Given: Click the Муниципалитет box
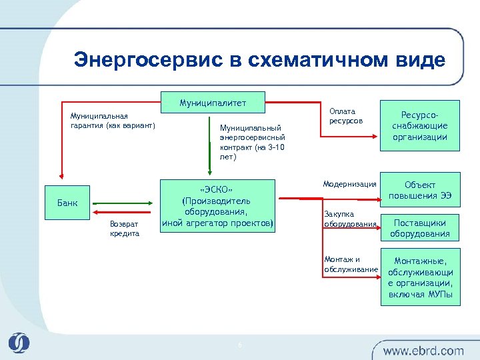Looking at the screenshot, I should pos(213,103).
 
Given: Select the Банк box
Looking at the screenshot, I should pos(65,203).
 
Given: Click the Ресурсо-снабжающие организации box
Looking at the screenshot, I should pos(419,126).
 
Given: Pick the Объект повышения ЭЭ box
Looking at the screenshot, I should pos(419,190).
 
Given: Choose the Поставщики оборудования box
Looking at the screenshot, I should pos(419,229).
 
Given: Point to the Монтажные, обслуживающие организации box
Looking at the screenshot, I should pos(419,277).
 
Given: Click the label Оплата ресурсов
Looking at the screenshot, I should pos(344,116).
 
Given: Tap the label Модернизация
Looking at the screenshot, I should pos(350,184).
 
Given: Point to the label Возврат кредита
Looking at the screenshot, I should pos(125,229).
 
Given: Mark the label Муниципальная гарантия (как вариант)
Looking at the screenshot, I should pos(113,120).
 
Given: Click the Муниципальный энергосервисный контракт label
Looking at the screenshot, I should pos(252,142).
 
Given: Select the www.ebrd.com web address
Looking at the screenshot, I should pos(423,350).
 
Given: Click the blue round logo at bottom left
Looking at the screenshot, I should pos(19,343).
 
